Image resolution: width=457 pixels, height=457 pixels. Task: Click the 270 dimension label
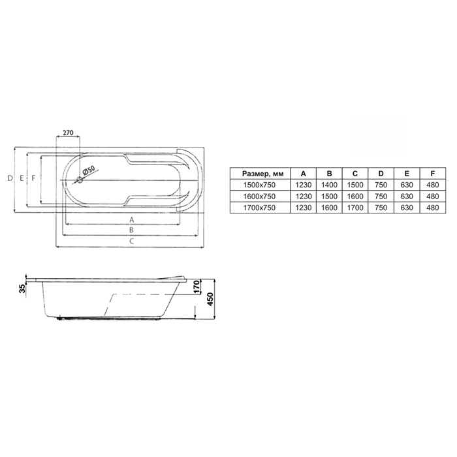coord(68,133)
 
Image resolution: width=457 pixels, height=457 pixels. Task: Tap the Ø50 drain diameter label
coord(89,170)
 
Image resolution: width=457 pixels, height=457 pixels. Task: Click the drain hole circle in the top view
coord(80,180)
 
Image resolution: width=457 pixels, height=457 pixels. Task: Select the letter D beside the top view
coord(10,178)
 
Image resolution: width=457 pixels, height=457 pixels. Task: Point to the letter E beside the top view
coord(22,178)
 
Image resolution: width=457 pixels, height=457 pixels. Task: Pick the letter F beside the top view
coord(33,178)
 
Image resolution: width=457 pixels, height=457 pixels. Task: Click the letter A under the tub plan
coord(131,219)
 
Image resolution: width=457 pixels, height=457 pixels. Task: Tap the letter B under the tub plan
coord(131,230)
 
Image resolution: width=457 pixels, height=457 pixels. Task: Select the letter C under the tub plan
coord(132,241)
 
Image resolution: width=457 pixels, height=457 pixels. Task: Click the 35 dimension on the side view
coord(22,289)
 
